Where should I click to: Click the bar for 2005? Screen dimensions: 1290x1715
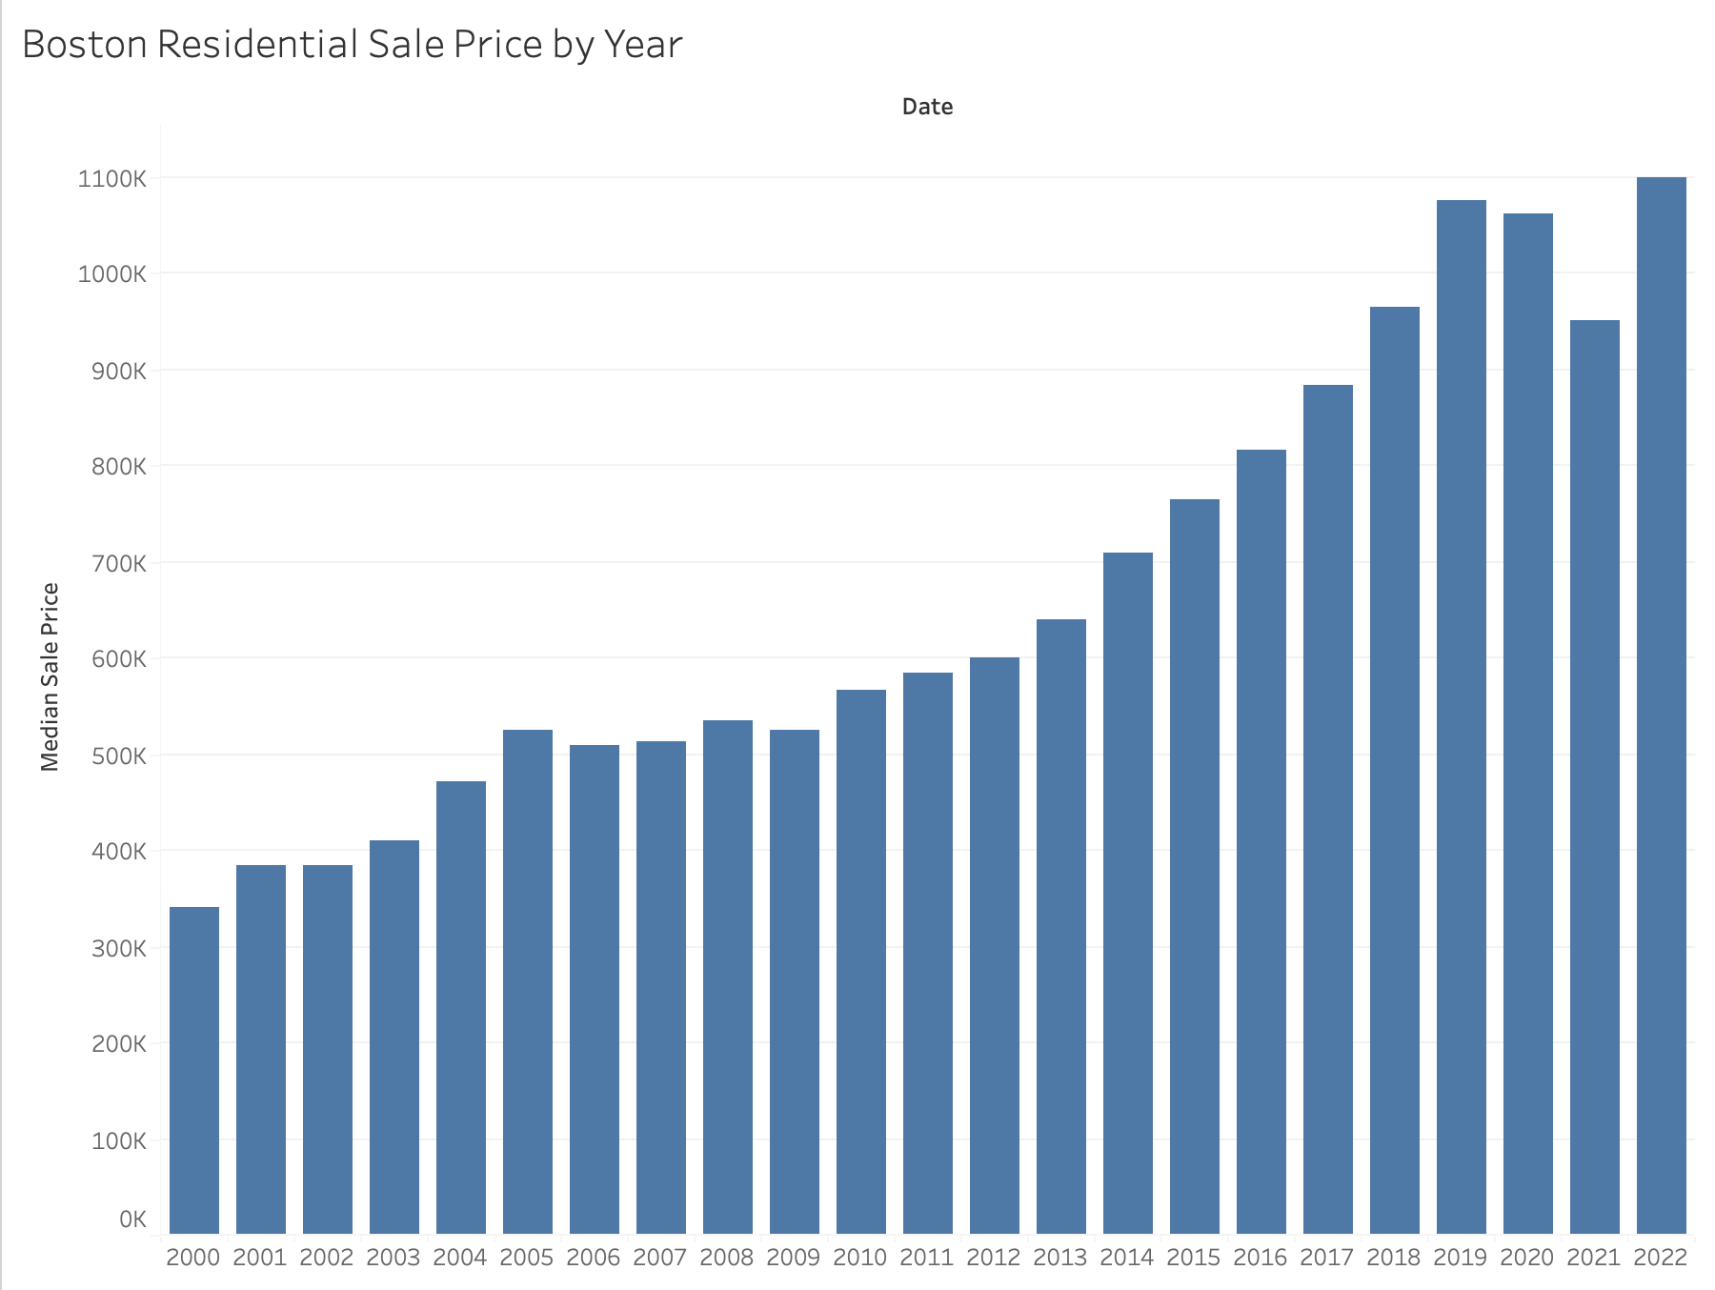[528, 981]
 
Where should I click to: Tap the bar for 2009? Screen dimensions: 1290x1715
[795, 981]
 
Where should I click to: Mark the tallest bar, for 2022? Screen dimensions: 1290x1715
[1662, 705]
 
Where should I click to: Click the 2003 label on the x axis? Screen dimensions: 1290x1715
[393, 1258]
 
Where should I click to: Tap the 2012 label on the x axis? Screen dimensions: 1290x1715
[994, 1258]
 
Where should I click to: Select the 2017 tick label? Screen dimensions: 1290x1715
[1327, 1258]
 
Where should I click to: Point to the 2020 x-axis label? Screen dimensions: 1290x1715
[1527, 1258]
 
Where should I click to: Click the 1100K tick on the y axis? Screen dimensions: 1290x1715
[112, 178]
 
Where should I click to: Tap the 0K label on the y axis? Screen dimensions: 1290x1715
[132, 1219]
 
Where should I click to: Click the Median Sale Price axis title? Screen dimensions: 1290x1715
[50, 676]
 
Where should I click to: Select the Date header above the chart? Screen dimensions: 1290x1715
[927, 107]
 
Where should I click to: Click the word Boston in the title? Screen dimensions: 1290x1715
[85, 45]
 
